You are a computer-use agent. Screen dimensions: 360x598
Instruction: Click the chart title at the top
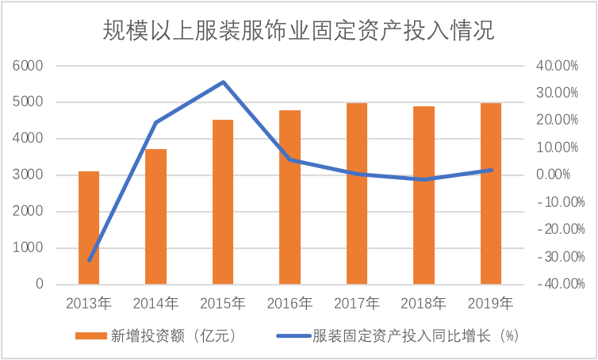298,31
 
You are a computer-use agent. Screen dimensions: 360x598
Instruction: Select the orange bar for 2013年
89,228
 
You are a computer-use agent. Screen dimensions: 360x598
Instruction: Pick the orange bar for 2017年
357,193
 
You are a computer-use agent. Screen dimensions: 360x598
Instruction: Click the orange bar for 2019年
491,193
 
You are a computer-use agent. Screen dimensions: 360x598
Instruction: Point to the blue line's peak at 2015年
224,82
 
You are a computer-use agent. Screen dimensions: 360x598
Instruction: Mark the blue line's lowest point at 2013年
90,260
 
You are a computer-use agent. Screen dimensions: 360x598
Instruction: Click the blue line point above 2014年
156,122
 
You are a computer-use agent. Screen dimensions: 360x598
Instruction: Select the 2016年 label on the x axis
289,302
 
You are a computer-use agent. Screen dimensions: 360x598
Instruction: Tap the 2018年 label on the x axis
424,302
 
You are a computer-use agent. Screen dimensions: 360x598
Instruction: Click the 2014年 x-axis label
155,302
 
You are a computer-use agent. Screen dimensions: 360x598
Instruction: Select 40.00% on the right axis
555,66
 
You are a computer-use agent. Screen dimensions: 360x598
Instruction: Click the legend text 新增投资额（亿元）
179,335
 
